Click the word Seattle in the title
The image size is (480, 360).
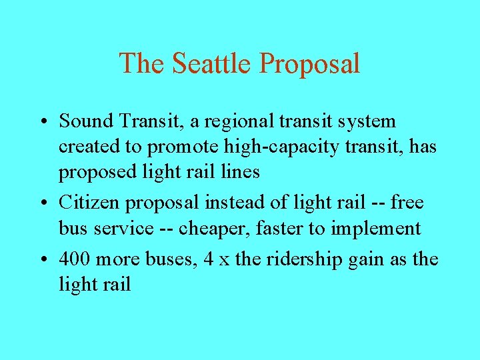[x=212, y=63]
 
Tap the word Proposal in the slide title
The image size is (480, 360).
[x=309, y=65]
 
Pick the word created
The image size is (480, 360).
[x=84, y=147]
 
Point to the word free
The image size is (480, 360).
[x=407, y=202]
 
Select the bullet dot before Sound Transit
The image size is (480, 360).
[x=42, y=123]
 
